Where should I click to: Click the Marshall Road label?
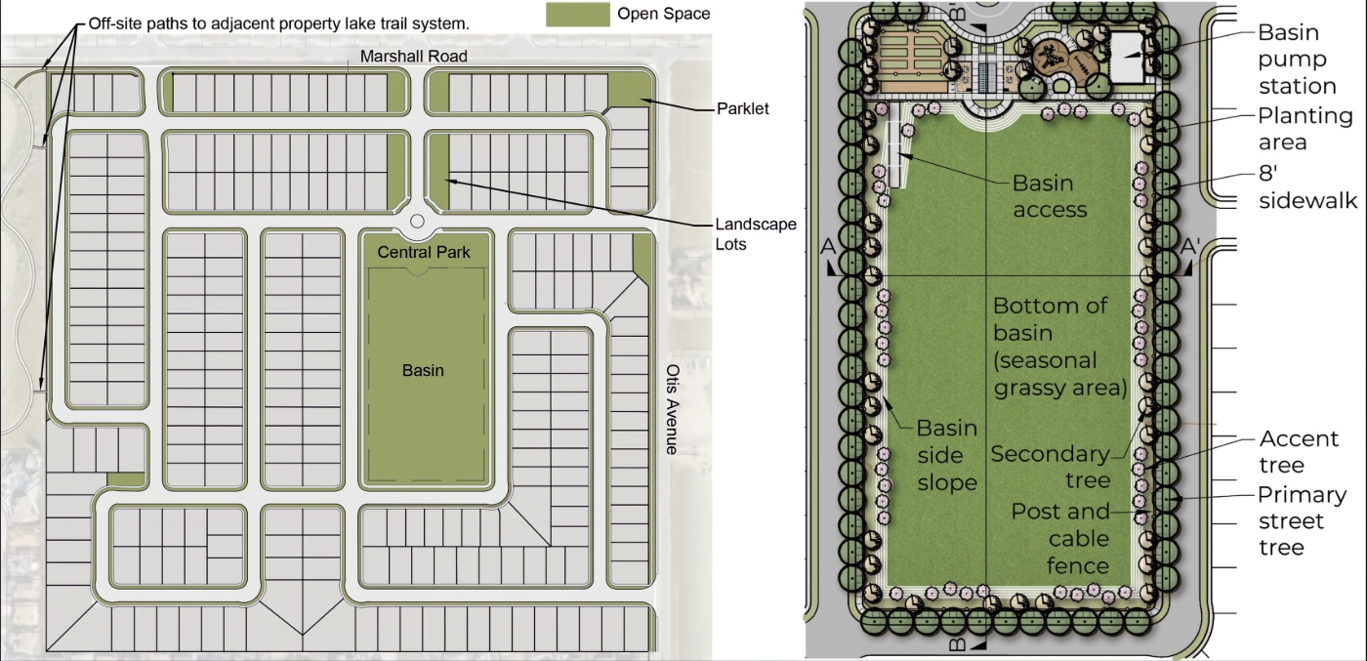414,57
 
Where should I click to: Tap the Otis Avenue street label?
672,409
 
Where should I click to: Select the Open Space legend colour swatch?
577,14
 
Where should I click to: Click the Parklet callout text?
743,108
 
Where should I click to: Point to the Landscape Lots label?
756,233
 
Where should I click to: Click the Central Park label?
424,252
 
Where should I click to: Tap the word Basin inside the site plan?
423,370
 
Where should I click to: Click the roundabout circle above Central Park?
418,221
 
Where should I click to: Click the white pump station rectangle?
1126,57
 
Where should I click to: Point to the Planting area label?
1305,129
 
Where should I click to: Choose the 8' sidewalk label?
1307,186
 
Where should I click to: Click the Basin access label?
1050,196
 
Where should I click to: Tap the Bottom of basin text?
1050,319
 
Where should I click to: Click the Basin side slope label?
947,455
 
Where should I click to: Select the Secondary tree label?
1050,467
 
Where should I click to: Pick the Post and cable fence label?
1060,538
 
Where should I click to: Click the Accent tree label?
1299,452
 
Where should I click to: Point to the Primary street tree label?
1302,520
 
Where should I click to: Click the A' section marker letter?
1190,246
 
